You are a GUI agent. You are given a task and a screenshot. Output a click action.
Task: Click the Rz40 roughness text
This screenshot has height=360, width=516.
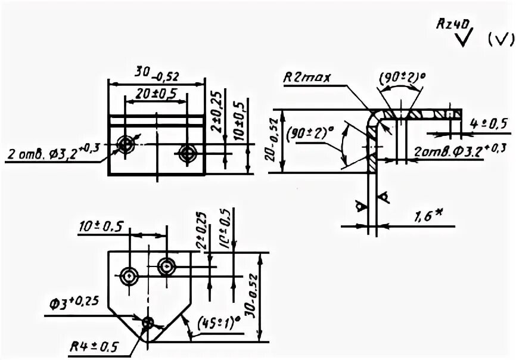click(454, 23)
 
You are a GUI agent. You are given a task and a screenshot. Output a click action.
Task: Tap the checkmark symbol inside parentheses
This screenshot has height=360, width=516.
click(501, 40)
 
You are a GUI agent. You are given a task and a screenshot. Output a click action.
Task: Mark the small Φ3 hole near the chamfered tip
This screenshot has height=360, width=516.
click(147, 323)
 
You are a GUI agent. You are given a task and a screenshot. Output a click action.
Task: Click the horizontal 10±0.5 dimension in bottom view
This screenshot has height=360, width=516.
click(101, 226)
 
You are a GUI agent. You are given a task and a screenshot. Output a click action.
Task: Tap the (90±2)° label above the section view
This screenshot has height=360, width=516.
click(401, 77)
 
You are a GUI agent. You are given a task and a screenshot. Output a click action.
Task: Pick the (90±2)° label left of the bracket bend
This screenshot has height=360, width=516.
click(309, 135)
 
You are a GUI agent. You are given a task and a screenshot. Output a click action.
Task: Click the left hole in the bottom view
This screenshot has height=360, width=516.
click(129, 276)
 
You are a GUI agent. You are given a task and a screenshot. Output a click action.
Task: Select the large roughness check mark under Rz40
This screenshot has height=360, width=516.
click(461, 39)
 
